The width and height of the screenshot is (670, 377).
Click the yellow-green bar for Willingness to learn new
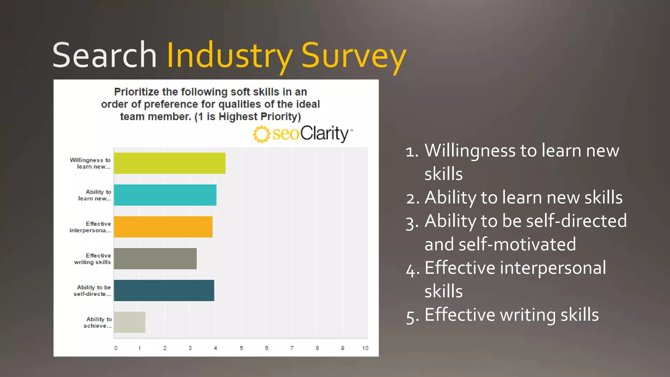click(x=169, y=163)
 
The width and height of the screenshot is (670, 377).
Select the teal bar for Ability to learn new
click(x=165, y=195)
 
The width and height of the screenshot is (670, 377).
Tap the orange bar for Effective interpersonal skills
click(x=163, y=227)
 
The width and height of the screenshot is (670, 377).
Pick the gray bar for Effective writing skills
click(x=155, y=259)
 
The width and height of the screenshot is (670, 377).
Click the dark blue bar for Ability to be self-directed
click(x=164, y=290)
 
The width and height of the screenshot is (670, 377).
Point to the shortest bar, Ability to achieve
click(x=130, y=322)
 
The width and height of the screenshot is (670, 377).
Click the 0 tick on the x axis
click(x=116, y=348)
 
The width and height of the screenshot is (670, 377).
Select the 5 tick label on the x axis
click(x=241, y=348)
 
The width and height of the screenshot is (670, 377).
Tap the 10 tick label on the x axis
click(x=365, y=348)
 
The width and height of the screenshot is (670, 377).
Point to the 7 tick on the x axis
click(x=292, y=348)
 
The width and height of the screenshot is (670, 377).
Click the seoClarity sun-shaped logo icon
click(x=261, y=134)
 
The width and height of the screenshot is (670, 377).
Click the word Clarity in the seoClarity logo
click(x=325, y=134)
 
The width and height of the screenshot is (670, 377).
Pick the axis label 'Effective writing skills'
click(x=93, y=259)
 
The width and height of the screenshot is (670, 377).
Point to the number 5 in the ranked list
click(x=411, y=316)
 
